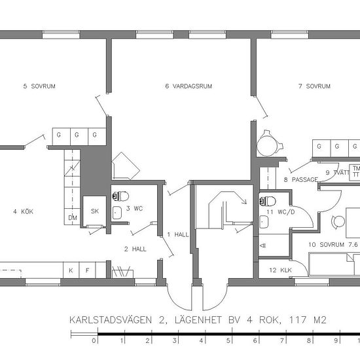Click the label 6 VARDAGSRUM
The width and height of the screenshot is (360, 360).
click(189, 86)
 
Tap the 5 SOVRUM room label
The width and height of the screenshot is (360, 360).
click(39, 86)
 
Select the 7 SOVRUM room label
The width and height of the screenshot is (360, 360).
click(314, 86)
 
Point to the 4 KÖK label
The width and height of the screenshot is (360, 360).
click(23, 211)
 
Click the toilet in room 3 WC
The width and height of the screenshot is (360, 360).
click(120, 196)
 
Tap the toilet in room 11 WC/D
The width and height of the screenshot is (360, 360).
click(268, 202)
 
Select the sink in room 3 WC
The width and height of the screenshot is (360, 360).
click(117, 213)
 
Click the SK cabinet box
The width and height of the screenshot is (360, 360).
click(95, 211)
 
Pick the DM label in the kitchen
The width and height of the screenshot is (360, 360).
click(73, 218)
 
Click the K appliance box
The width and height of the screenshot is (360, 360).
click(71, 270)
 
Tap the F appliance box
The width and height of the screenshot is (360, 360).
click(87, 270)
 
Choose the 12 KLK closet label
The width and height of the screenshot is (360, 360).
click(280, 270)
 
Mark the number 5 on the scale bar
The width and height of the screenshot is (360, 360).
click(228, 340)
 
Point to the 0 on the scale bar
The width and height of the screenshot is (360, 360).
click(94, 340)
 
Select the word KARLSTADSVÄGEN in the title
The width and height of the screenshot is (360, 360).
click(111, 320)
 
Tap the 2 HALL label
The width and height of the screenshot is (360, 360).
click(135, 249)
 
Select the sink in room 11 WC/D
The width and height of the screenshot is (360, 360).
click(264, 222)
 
